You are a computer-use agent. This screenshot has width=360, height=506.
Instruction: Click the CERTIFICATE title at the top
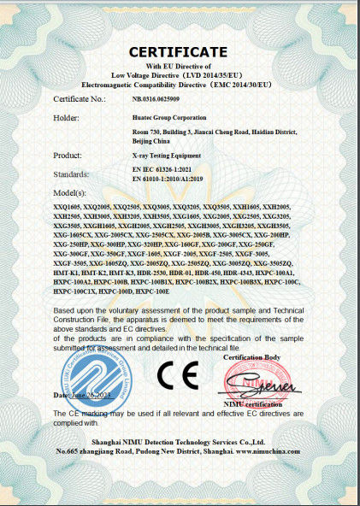click(x=179, y=52)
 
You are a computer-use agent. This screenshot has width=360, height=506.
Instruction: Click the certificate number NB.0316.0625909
click(x=156, y=100)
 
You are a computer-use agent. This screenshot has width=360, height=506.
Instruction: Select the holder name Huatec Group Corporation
click(x=170, y=117)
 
